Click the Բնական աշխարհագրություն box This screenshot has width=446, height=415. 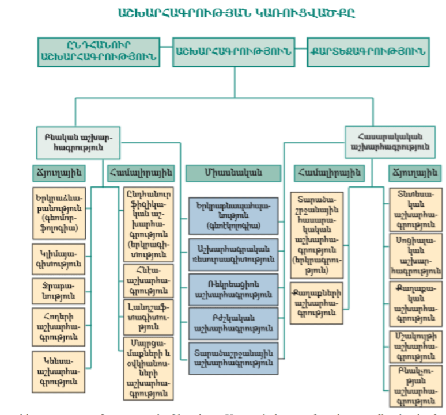(79, 142)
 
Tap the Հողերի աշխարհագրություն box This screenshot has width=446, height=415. (60, 327)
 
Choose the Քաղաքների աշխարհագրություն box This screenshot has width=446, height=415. (319, 303)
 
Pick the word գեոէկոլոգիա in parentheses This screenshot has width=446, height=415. (233, 225)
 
